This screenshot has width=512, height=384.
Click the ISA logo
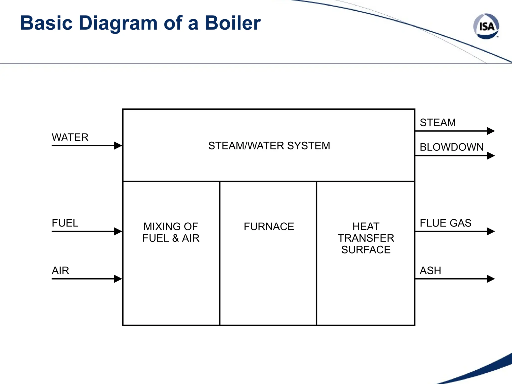tap(486, 26)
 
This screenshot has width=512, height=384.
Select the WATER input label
tap(70, 137)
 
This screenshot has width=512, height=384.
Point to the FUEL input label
tap(65, 223)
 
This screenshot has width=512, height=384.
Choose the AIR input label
tap(60, 270)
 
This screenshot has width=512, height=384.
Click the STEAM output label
tap(438, 122)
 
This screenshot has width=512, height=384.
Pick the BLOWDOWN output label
tap(452, 147)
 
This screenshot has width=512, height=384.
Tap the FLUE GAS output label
tap(445, 223)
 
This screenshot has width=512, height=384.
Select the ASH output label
tap(430, 270)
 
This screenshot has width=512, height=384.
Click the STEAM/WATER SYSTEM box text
tap(269, 146)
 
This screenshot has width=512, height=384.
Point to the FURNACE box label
tap(269, 226)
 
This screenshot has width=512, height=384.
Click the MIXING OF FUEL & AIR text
tap(171, 232)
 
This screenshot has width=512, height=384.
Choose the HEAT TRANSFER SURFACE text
tap(366, 238)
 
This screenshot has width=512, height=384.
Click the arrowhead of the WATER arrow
tap(118, 145)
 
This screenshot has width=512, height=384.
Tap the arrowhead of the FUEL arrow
tap(118, 231)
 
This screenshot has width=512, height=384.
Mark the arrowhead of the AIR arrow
tap(118, 279)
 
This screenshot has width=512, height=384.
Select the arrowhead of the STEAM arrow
tap(490, 131)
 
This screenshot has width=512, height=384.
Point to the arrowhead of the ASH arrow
tap(490, 279)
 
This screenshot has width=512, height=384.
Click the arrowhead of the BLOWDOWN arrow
tap(490, 156)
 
